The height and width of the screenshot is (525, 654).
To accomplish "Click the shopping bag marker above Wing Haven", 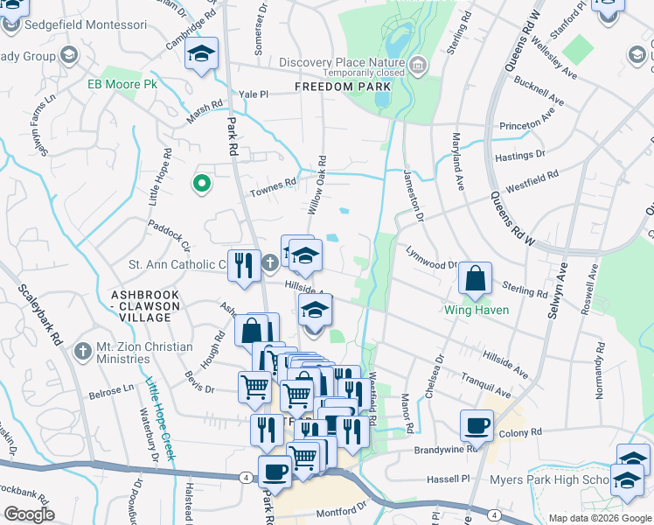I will (476, 279).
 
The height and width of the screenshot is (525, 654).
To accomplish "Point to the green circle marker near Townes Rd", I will (201, 184).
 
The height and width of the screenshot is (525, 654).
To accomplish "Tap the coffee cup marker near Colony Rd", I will (477, 425).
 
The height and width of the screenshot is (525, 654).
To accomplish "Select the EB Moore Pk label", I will (121, 85).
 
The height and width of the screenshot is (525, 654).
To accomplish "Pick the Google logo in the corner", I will (29, 514).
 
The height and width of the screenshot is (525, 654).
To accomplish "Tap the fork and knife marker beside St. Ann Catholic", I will (244, 264).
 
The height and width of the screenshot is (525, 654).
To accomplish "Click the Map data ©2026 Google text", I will (599, 518).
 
